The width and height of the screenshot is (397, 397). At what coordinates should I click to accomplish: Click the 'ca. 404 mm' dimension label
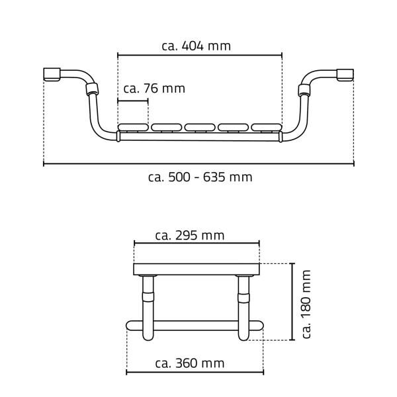pyautogui.click(x=199, y=46)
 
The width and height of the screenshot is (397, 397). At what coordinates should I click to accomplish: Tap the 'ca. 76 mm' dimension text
pyautogui.click(x=154, y=89)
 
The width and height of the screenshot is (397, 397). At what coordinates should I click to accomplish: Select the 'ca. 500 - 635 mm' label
pyautogui.click(x=199, y=177)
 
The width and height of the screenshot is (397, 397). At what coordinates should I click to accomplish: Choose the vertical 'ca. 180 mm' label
pyautogui.click(x=307, y=302)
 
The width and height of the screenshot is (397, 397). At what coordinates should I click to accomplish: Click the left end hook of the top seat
pyautogui.click(x=54, y=73)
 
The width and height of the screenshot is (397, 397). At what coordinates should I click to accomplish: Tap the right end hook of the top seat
pyautogui.click(x=343, y=73)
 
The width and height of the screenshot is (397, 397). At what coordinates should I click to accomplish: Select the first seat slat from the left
pyautogui.click(x=133, y=126)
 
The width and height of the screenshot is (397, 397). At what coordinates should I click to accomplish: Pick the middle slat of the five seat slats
pyautogui.click(x=199, y=126)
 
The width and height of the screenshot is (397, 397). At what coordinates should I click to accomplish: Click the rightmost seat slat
pyautogui.click(x=265, y=126)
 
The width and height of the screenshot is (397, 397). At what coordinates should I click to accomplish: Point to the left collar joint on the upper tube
pyautogui.click(x=92, y=90)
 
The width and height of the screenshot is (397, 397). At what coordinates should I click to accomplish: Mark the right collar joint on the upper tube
pyautogui.click(x=305, y=90)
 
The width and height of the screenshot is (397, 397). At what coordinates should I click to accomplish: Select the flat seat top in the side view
pyautogui.click(x=197, y=269)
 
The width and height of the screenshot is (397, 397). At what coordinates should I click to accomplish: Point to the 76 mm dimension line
pyautogui.click(x=132, y=101)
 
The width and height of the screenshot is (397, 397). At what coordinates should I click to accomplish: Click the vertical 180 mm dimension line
pyautogui.click(x=292, y=302)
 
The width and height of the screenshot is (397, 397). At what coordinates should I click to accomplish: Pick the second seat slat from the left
pyautogui.click(x=166, y=126)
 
